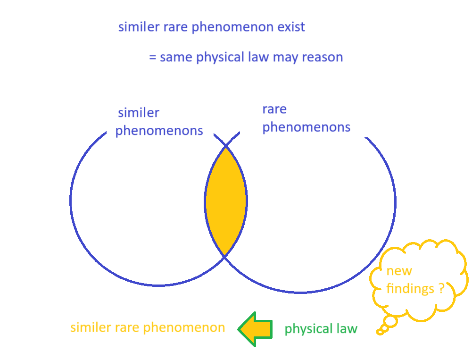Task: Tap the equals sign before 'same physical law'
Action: point(153,57)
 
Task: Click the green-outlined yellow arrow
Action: point(255,329)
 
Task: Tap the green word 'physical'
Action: point(308,329)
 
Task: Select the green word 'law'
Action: point(347,328)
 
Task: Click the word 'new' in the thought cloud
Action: point(399,271)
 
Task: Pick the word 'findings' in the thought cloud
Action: point(410,289)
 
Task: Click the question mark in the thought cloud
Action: point(441,288)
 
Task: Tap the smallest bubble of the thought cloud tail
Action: point(380,332)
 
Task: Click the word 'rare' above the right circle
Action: point(274,109)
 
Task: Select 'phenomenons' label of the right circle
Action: point(306,127)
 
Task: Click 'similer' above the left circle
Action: point(139,113)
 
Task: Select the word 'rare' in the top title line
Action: point(176,27)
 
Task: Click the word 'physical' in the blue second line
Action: point(220,58)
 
